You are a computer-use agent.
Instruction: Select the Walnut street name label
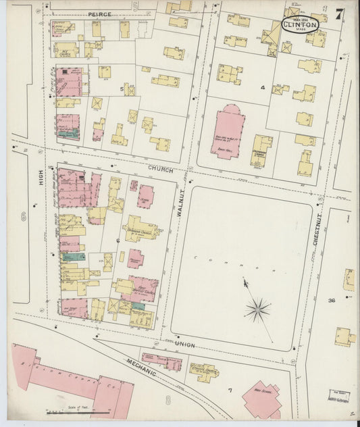click(x=180, y=202)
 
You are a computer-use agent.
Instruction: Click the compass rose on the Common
click(x=258, y=310)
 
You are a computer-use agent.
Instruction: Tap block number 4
click(x=263, y=88)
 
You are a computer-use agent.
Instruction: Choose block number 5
click(x=122, y=89)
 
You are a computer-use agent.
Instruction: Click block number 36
click(x=332, y=301)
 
